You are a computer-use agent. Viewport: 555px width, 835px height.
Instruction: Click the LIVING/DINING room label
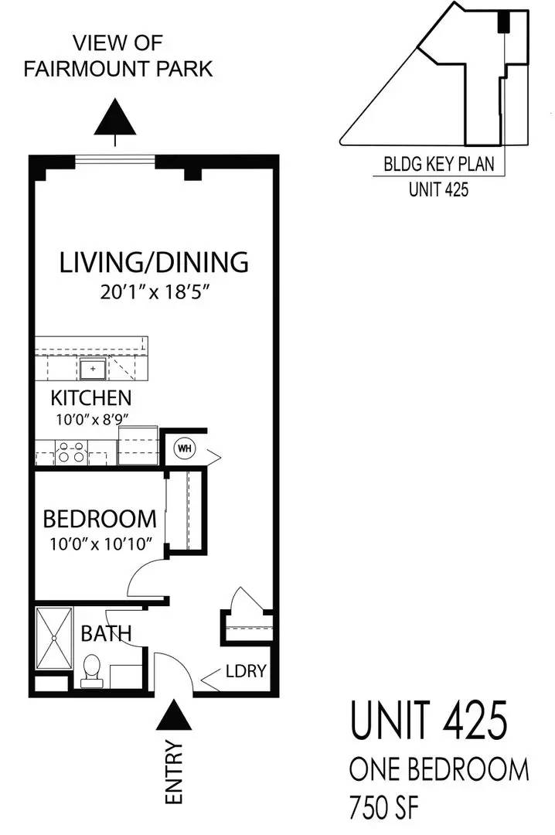(x=154, y=262)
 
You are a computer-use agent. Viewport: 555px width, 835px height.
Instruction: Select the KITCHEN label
(x=90, y=399)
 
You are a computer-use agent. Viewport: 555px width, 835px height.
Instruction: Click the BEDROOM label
(x=99, y=518)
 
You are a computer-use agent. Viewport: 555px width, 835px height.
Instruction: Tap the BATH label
(x=106, y=634)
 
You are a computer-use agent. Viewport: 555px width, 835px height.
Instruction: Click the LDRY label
(x=246, y=672)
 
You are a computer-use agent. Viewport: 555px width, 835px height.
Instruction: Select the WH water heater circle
(x=185, y=448)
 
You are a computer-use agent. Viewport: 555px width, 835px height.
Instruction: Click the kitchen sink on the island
(x=93, y=369)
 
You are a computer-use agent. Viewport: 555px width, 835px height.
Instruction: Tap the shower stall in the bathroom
(x=53, y=639)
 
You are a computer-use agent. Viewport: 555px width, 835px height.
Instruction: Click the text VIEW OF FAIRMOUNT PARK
(x=117, y=56)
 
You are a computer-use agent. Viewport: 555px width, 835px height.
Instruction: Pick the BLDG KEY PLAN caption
(x=438, y=165)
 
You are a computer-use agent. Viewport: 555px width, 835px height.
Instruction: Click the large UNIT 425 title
(x=429, y=721)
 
